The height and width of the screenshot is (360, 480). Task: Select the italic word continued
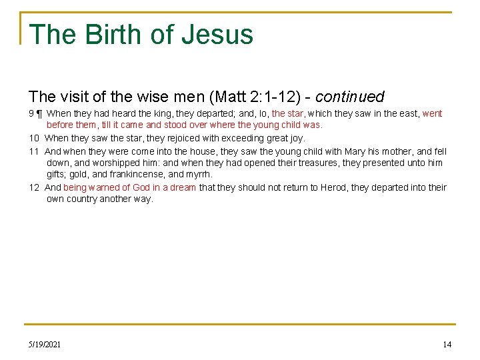click(349, 97)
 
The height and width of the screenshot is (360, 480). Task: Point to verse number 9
click(31, 114)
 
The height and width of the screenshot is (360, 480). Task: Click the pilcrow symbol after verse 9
click(39, 114)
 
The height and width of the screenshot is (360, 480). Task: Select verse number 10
click(34, 139)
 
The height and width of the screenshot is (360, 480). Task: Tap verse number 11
click(34, 151)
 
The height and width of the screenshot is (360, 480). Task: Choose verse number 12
click(34, 188)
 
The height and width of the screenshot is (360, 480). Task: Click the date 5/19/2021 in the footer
click(45, 344)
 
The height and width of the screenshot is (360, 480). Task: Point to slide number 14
click(447, 344)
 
